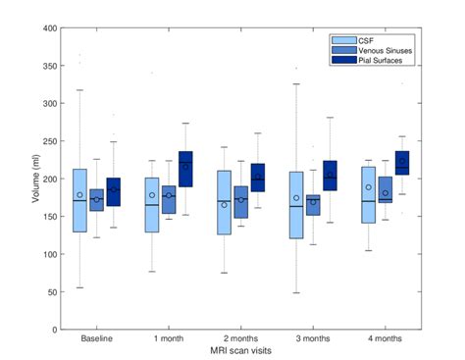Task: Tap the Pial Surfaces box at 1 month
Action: pos(185,170)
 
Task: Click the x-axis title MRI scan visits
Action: pos(240,350)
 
